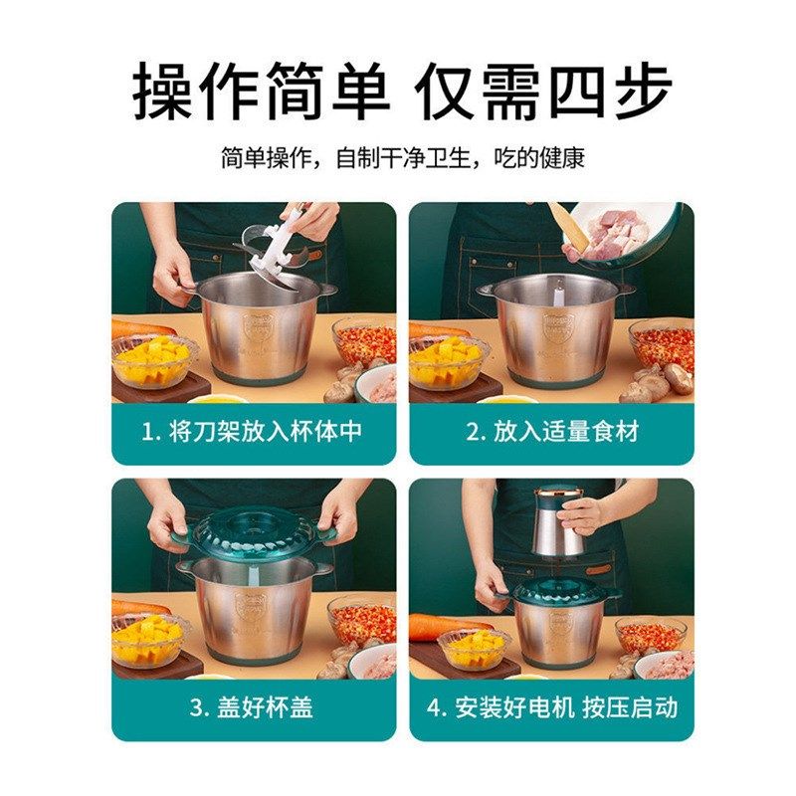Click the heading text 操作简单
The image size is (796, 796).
262,92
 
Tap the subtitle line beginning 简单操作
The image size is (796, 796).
402,157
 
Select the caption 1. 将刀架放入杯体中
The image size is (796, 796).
253,432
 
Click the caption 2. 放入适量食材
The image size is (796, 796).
552,432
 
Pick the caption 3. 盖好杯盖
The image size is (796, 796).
253,707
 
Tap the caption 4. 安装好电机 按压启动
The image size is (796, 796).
552,707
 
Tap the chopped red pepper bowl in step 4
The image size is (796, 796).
651,634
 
